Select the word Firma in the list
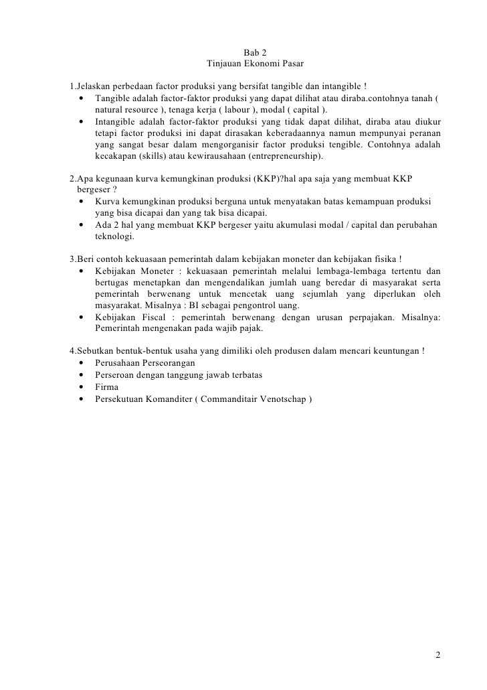106,387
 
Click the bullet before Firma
81,387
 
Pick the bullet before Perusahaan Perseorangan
81,363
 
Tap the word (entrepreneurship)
284,156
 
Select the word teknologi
114,236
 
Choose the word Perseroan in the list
116,375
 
